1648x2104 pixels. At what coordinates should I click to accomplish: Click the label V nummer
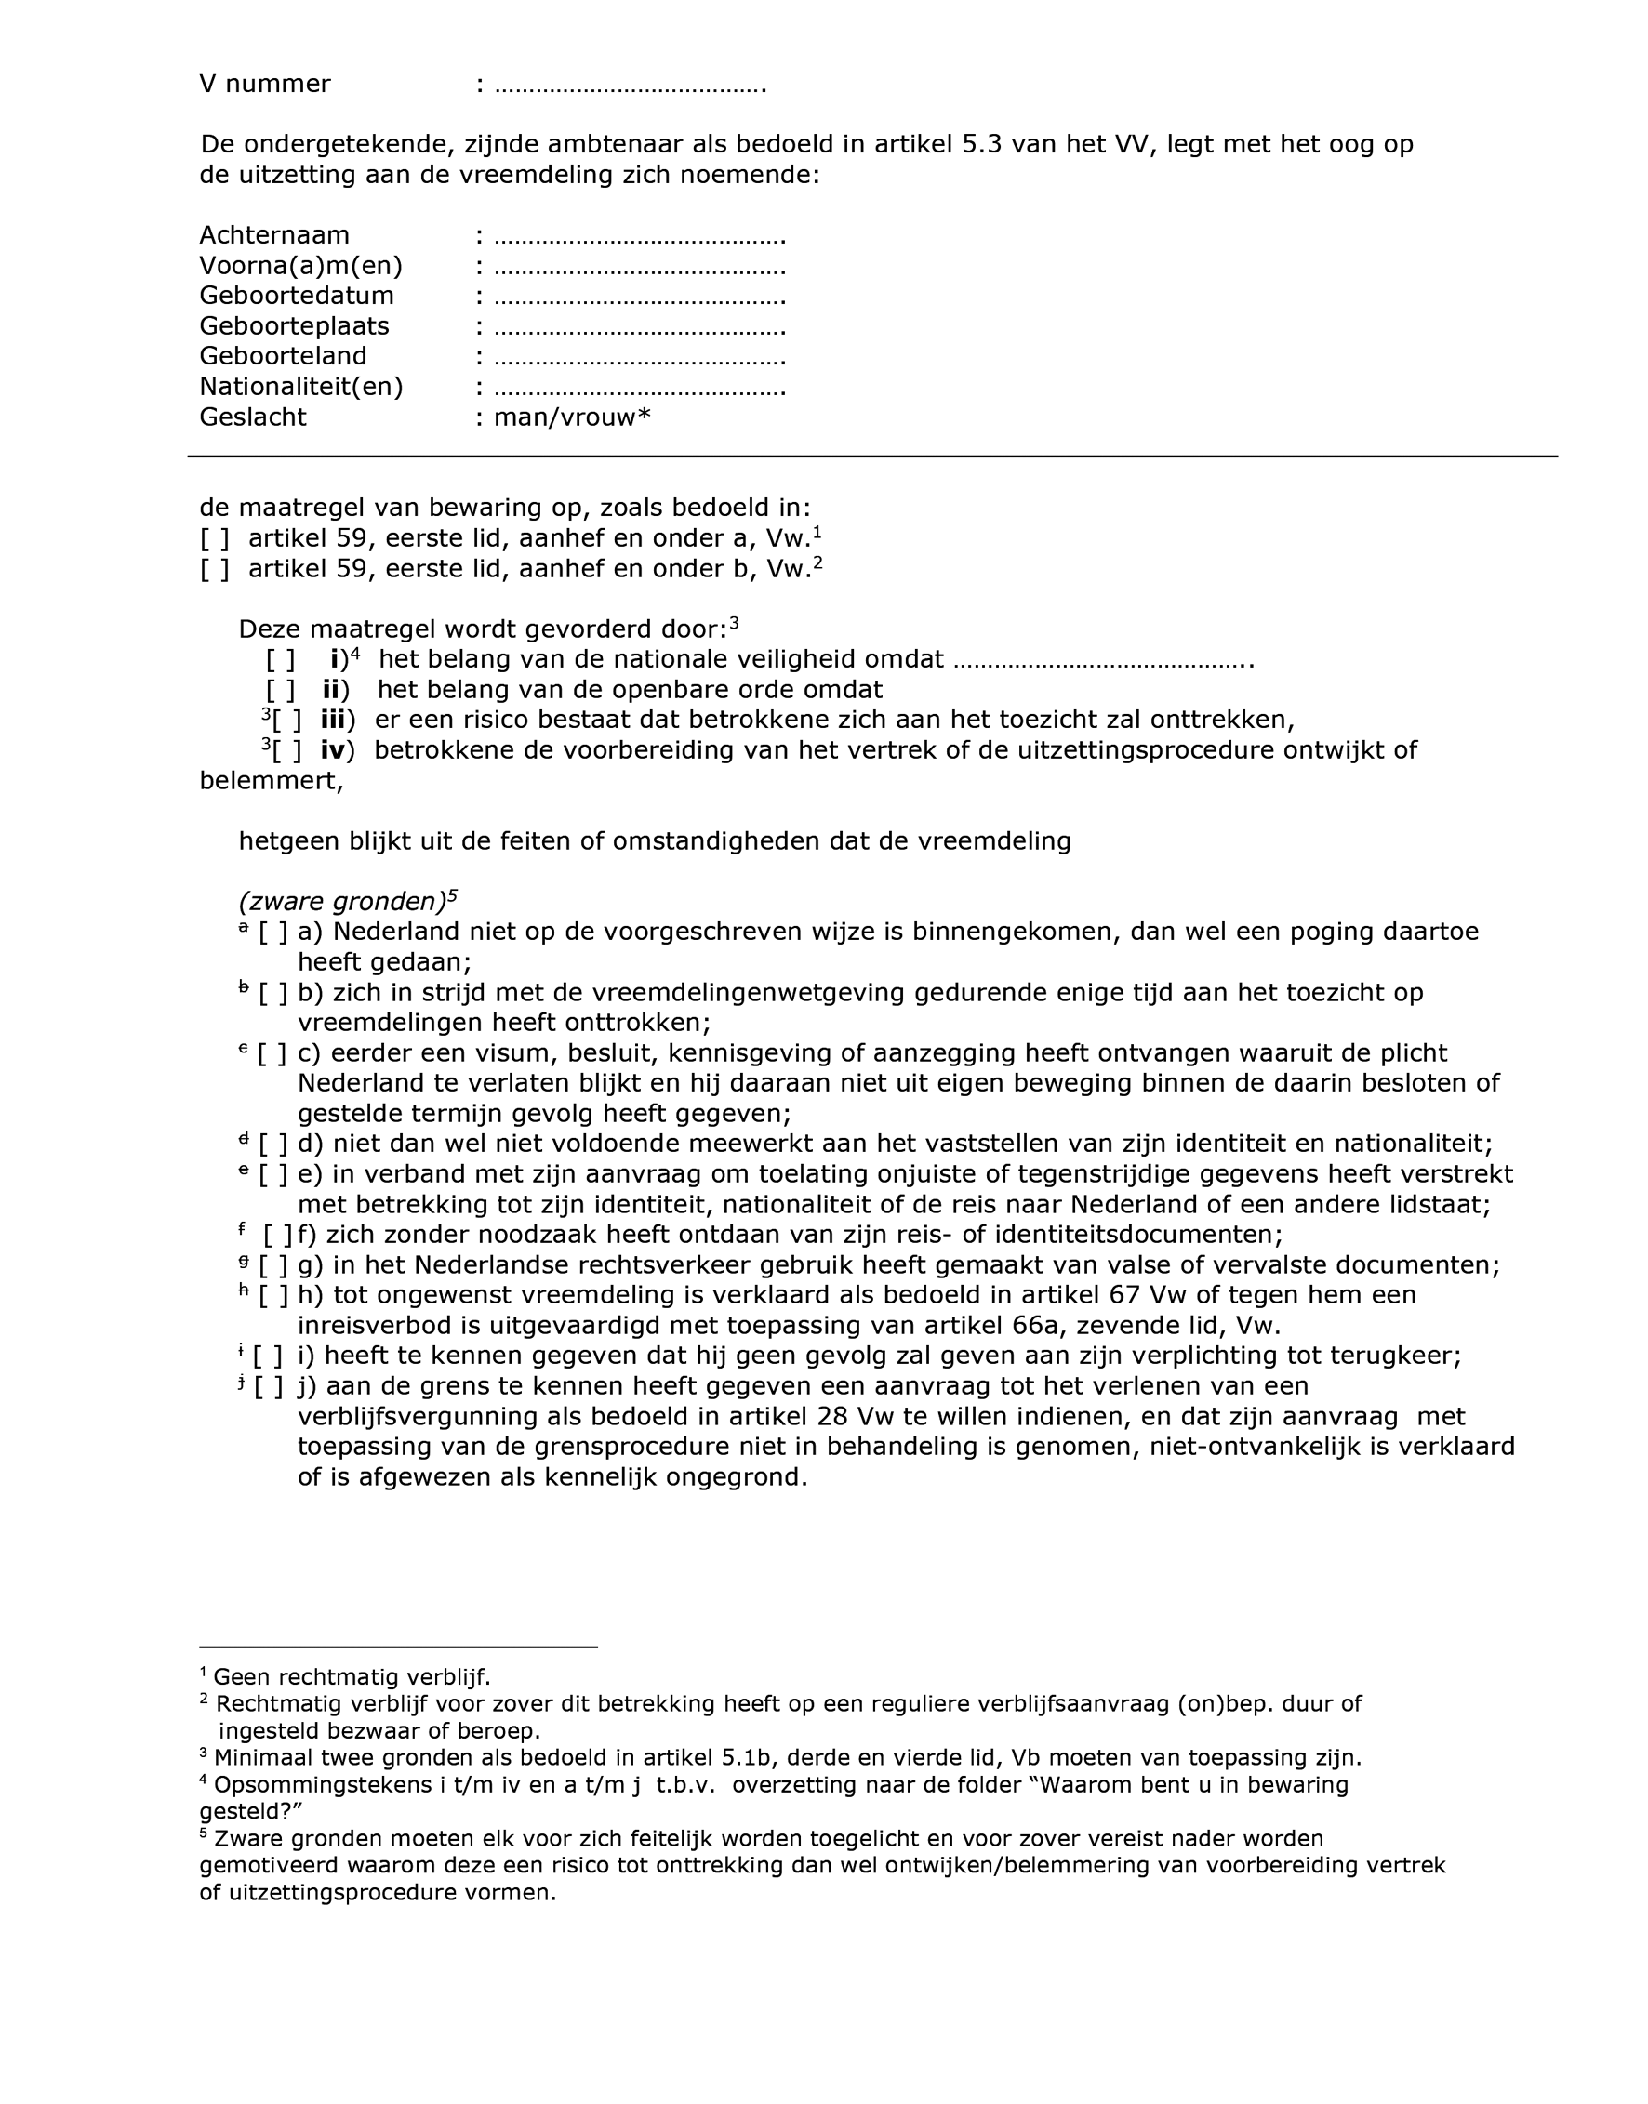tap(264, 84)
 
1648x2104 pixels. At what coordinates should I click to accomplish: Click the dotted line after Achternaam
tap(640, 236)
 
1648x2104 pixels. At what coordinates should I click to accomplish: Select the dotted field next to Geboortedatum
tap(640, 298)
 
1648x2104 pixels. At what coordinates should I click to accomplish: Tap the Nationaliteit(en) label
tap(301, 387)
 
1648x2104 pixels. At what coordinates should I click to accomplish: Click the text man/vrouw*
tap(572, 417)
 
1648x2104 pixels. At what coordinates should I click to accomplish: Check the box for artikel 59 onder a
tap(214, 538)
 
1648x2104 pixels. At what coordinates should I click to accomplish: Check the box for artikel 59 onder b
tap(214, 569)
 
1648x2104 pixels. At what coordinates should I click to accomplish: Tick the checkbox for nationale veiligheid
tap(280, 661)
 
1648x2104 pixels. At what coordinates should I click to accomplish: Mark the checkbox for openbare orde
tap(280, 691)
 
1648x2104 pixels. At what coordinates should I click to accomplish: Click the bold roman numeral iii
tap(333, 721)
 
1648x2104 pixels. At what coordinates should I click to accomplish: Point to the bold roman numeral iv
tap(333, 750)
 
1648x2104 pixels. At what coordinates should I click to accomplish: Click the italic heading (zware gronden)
tap(342, 902)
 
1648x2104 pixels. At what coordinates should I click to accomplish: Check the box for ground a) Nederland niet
tap(273, 933)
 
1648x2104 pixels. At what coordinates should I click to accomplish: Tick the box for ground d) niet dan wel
tap(273, 1145)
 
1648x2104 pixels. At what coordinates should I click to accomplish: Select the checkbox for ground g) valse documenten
tap(273, 1265)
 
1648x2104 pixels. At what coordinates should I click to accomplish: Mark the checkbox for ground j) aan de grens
tap(269, 1387)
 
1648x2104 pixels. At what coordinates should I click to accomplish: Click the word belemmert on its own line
tap(272, 781)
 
